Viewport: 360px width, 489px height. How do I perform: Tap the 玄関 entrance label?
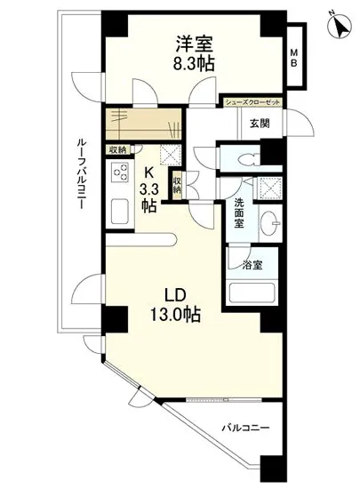pyautogui.click(x=260, y=124)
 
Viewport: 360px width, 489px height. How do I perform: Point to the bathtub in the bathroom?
pyautogui.click(x=252, y=293)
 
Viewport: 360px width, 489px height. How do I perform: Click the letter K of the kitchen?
pyautogui.click(x=149, y=172)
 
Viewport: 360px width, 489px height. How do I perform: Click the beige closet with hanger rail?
pyautogui.click(x=141, y=120)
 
